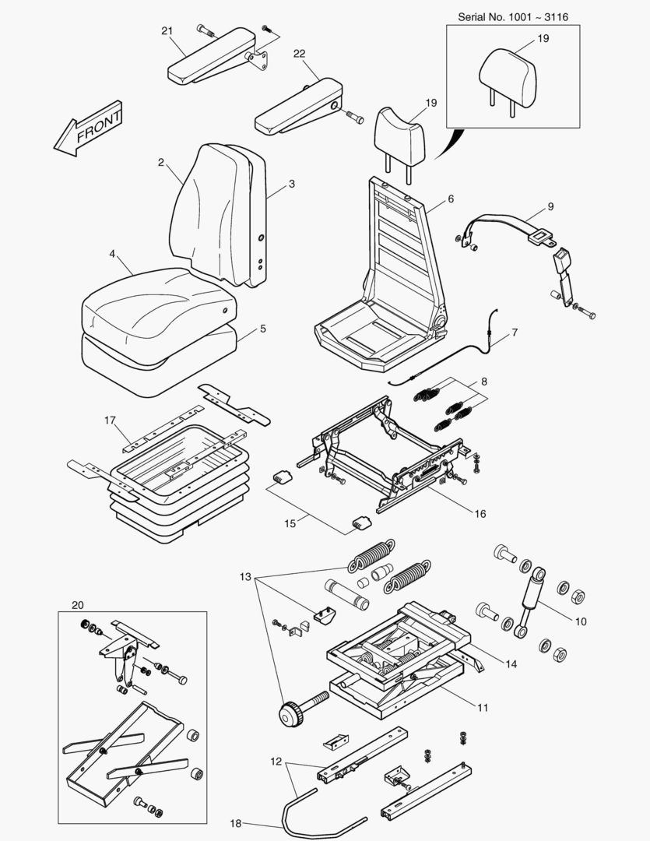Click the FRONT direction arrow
[87, 127]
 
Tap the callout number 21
[167, 30]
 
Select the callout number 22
[300, 53]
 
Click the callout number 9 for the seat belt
[550, 206]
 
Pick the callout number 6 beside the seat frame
[450, 199]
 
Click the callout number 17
[110, 420]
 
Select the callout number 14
[511, 663]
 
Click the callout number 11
[483, 708]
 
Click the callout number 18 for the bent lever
[236, 822]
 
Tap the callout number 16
[480, 514]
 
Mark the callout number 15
[290, 523]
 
